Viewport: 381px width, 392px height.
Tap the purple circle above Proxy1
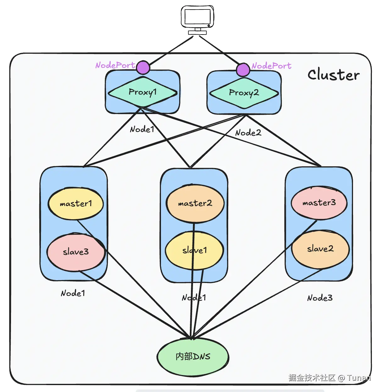click(143, 68)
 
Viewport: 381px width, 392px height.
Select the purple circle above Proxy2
click(243, 70)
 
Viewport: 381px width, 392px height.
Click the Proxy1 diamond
click(142, 92)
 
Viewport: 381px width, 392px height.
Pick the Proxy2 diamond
click(244, 93)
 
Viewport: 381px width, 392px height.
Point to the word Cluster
click(333, 75)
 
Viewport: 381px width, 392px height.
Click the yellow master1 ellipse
click(76, 204)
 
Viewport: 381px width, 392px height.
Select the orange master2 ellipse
click(195, 204)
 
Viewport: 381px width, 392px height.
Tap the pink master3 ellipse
click(319, 203)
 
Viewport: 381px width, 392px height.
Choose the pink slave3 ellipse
click(76, 252)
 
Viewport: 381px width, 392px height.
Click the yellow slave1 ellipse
click(195, 250)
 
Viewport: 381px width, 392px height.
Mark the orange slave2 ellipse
click(320, 249)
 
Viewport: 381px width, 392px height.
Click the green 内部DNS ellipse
click(193, 357)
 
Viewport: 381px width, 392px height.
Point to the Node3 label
click(320, 298)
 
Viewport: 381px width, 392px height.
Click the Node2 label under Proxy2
click(248, 133)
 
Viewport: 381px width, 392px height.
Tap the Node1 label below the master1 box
click(73, 293)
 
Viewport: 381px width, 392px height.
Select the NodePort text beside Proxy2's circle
click(271, 66)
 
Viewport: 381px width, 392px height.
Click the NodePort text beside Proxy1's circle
click(115, 65)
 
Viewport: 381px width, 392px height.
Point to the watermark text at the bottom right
click(329, 378)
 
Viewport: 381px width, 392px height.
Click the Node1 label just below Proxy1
click(142, 129)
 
